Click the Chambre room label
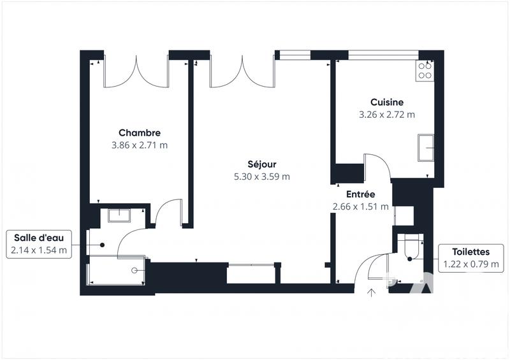(140, 133)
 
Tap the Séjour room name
(261, 164)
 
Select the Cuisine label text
(387, 103)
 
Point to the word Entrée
(360, 194)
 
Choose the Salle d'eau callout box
(38, 243)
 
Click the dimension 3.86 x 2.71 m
(140, 145)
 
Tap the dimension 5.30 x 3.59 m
(261, 176)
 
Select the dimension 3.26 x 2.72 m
(387, 115)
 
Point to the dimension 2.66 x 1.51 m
(360, 206)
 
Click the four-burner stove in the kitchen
(425, 69)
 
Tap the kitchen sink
(425, 148)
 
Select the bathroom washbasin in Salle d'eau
(119, 215)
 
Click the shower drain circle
(135, 270)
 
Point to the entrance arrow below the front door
(372, 293)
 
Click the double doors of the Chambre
(136, 71)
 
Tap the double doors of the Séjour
(242, 71)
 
